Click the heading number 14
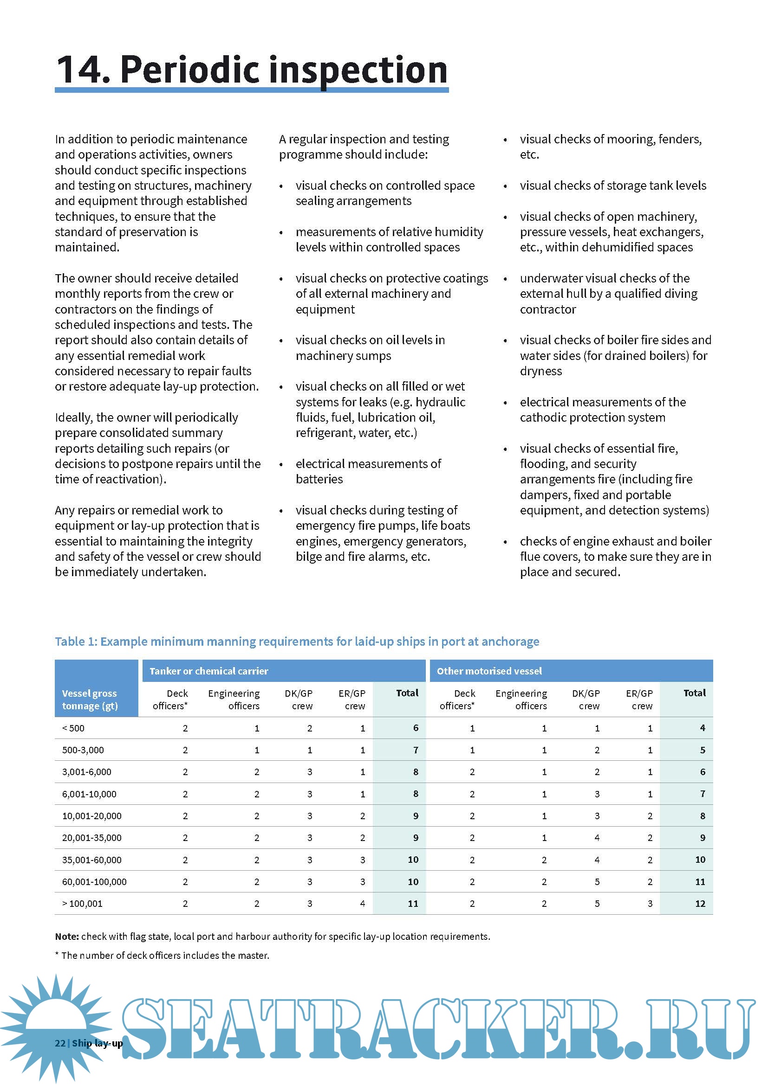pos(83,70)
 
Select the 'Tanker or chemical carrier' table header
pos(208,671)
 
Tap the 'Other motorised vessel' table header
pos(489,671)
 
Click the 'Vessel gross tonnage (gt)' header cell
pos(90,700)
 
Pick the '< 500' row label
pos(73,728)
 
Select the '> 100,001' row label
pos(82,904)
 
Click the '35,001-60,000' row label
pos(92,860)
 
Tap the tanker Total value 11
pos(413,904)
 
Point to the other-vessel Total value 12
pos(700,904)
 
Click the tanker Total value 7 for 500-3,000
pos(416,750)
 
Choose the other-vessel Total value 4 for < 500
pos(702,728)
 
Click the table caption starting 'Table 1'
pos(297,641)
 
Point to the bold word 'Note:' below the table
pos(67,936)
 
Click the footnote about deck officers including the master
pos(162,955)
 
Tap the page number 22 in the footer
pos(60,1043)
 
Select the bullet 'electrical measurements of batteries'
pos(368,471)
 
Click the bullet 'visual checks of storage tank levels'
pos(613,185)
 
